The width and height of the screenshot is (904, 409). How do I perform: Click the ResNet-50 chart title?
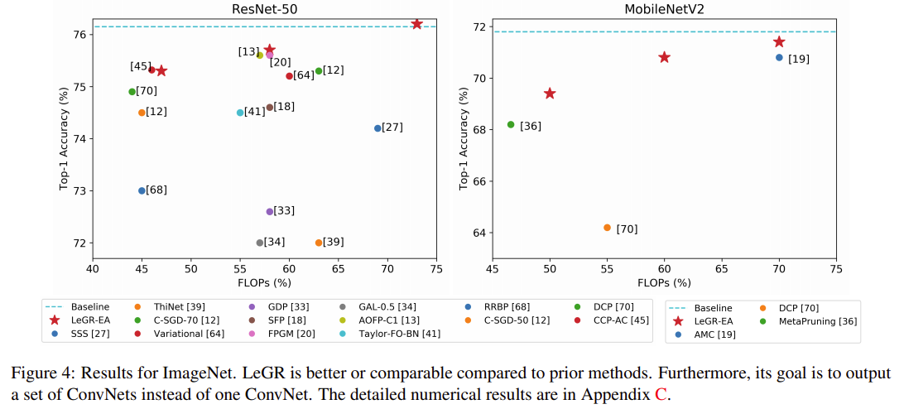point(264,8)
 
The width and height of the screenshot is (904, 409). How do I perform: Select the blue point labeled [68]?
point(142,190)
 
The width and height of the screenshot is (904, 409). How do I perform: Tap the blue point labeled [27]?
point(377,128)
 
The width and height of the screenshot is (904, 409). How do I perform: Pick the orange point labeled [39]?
point(319,243)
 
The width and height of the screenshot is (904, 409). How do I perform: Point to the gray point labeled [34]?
point(260,243)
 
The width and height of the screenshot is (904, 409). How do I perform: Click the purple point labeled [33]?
point(270,212)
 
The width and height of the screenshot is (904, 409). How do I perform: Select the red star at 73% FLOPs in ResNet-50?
point(416,24)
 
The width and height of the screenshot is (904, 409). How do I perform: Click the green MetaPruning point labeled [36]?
point(511,124)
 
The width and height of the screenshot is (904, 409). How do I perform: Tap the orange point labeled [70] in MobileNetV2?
point(607,228)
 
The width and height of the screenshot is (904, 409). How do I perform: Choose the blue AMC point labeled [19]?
point(779,57)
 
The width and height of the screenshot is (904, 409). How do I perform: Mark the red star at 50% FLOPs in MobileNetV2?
point(550,94)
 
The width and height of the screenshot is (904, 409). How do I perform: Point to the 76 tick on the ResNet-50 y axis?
point(79,35)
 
